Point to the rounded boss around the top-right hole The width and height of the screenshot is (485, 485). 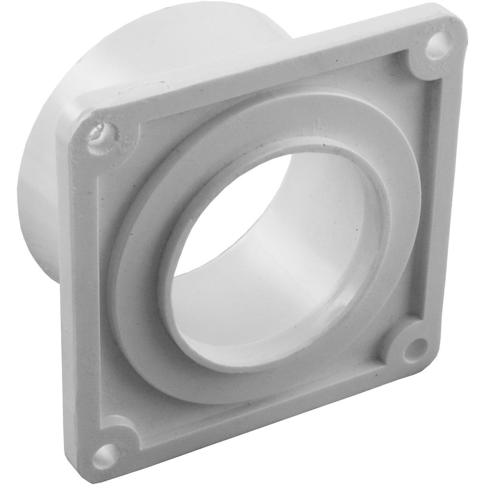click(x=427, y=56)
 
